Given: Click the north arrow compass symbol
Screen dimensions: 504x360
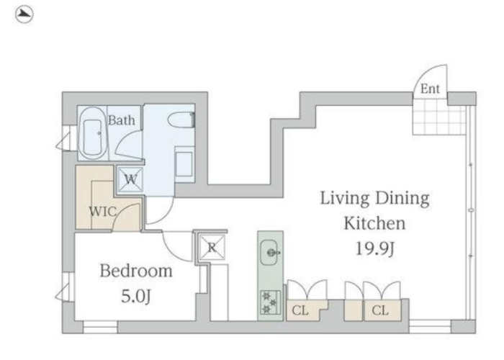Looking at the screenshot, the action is [24, 14].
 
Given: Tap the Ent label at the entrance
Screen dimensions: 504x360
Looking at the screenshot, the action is [430, 89].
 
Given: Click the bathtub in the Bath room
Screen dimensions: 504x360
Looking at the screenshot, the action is [92, 133].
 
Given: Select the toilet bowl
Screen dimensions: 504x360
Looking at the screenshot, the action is [181, 120].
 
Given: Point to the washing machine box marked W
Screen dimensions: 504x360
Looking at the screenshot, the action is [130, 179].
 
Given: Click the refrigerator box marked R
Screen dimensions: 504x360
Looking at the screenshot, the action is [212, 247].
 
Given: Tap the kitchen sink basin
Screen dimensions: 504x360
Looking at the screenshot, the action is [269, 252].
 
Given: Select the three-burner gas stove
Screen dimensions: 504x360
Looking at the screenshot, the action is [270, 302].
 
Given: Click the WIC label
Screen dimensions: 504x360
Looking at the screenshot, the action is [102, 212].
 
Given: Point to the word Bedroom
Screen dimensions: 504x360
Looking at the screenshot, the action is [136, 271].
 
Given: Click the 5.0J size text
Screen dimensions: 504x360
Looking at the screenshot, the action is [135, 296].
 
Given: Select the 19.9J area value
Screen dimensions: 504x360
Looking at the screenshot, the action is [375, 248].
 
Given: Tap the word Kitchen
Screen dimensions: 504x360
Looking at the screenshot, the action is [374, 223].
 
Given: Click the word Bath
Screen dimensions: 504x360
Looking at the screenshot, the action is [121, 120].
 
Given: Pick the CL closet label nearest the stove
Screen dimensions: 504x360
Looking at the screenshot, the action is [300, 310].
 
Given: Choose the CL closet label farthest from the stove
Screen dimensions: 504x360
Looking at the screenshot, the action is [380, 310].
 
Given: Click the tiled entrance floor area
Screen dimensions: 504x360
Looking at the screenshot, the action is [439, 117].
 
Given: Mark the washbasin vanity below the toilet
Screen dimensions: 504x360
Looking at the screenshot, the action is [184, 164].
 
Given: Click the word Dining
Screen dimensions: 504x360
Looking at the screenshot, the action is [402, 199].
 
